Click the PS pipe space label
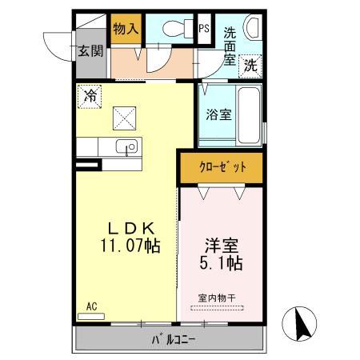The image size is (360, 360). [204, 28]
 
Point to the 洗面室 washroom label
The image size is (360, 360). [230, 45]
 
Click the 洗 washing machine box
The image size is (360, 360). [251, 64]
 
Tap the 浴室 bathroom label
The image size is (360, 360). [221, 114]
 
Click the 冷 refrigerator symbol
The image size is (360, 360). [90, 96]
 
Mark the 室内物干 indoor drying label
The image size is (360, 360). [218, 299]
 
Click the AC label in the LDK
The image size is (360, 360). [91, 306]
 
